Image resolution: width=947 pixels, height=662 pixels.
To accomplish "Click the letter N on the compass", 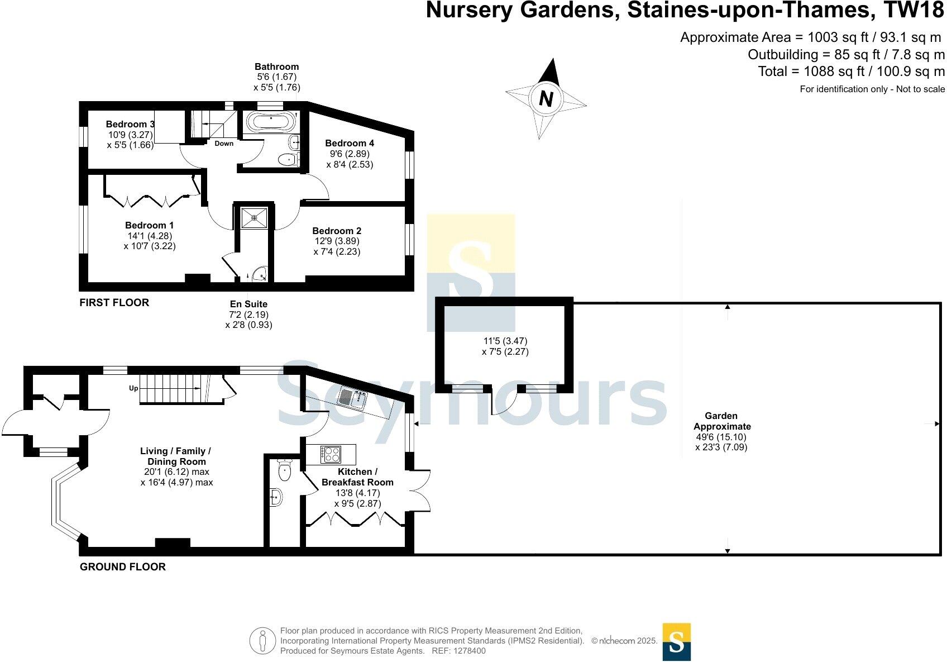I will click(x=546, y=99).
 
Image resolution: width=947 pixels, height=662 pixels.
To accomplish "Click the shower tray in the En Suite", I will click(x=254, y=217).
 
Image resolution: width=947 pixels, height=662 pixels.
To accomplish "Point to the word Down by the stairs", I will click(x=224, y=144).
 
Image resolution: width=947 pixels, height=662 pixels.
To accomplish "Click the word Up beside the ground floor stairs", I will click(x=134, y=388).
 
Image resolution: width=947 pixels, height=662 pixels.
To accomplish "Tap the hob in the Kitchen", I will click(x=331, y=454).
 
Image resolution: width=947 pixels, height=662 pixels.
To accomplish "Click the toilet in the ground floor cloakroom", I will click(x=285, y=470).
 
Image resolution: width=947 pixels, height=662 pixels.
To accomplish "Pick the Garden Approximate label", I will click(x=721, y=421).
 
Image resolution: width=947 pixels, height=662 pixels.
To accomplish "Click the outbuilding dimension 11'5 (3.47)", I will click(x=505, y=341).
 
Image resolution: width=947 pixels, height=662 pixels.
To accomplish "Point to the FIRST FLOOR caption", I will click(x=114, y=303).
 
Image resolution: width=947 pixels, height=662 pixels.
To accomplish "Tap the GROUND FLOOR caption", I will click(x=123, y=567).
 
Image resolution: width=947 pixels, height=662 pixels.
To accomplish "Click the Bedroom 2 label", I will click(x=337, y=231).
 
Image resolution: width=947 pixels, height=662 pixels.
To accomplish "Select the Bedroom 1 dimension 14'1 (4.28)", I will click(x=149, y=236).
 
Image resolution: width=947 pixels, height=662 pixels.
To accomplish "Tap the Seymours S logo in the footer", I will click(x=676, y=642).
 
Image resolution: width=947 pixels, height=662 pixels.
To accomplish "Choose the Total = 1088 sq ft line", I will click(x=851, y=72).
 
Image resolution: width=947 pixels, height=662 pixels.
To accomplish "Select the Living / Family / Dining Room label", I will click(x=176, y=456).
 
